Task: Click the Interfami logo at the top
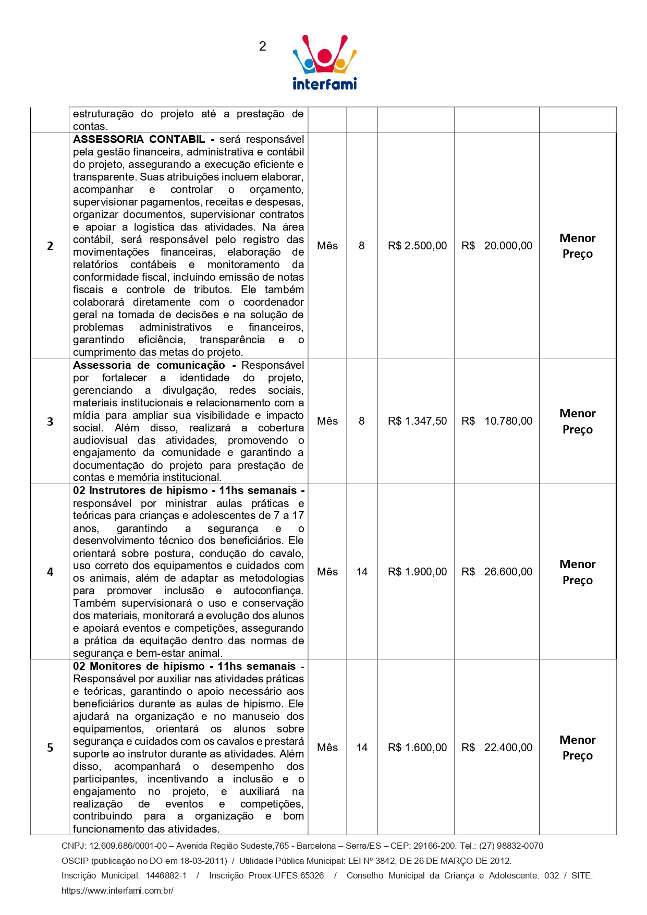(x=324, y=63)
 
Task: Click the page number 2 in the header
(x=262, y=46)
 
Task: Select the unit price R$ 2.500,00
(x=417, y=246)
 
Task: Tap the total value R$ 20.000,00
(x=497, y=246)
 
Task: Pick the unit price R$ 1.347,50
(x=417, y=421)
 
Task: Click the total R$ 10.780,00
(x=497, y=421)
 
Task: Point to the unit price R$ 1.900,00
(x=417, y=572)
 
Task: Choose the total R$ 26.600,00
(x=497, y=572)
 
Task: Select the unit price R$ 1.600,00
(x=417, y=748)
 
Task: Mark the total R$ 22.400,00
(x=497, y=748)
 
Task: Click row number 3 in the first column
(x=50, y=422)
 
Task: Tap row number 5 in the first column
(x=50, y=748)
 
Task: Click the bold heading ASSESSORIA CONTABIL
(x=139, y=139)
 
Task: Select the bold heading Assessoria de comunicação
(x=149, y=365)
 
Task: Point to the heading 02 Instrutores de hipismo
(x=141, y=490)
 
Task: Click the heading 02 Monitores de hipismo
(x=139, y=666)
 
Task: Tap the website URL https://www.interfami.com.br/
(x=117, y=890)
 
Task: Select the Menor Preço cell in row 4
(x=577, y=572)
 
